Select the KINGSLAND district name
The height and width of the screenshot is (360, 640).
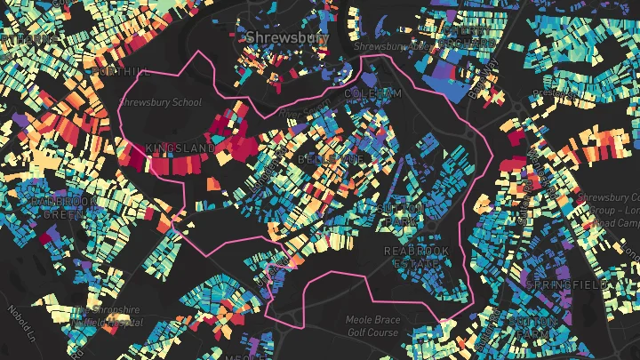[x=183, y=148]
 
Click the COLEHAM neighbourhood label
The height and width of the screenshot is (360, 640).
[x=373, y=93]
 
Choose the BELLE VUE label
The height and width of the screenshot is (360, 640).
[x=332, y=158]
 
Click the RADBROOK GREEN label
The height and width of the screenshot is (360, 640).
[x=63, y=208]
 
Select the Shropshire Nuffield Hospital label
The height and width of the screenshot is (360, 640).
[x=107, y=316]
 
